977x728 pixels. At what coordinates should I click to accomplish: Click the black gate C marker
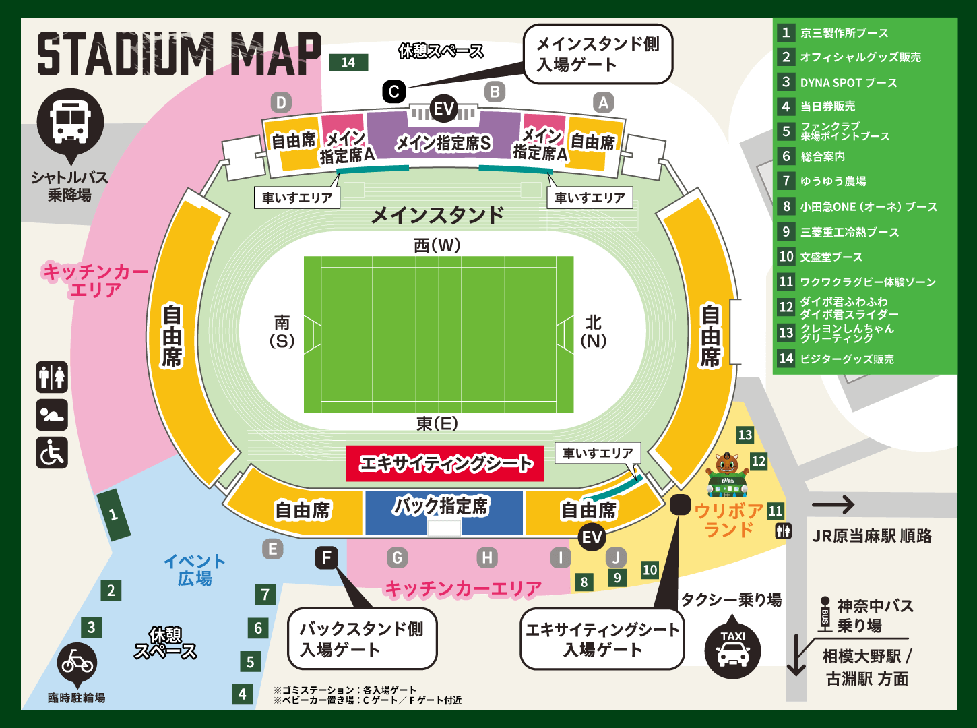pyautogui.click(x=393, y=91)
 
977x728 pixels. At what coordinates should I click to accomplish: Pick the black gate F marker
pyautogui.click(x=327, y=557)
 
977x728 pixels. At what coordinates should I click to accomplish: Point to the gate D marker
pyautogui.click(x=281, y=102)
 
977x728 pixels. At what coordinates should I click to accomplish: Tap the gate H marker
pyautogui.click(x=486, y=557)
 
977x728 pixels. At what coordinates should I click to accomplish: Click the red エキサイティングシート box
pyautogui.click(x=445, y=463)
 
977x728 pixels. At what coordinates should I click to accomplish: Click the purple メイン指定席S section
pyautogui.click(x=443, y=142)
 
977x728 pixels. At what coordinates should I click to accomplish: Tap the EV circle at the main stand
pyautogui.click(x=443, y=109)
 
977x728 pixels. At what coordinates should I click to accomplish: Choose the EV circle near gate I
pyautogui.click(x=592, y=537)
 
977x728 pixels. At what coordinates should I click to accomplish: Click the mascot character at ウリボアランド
pyautogui.click(x=727, y=472)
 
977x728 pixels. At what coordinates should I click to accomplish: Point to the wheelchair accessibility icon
pyautogui.click(x=52, y=452)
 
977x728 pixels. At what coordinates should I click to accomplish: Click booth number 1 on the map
pyautogui.click(x=113, y=516)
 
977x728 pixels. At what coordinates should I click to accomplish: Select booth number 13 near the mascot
pyautogui.click(x=745, y=435)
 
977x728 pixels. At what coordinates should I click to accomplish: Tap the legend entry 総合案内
pyautogui.click(x=822, y=156)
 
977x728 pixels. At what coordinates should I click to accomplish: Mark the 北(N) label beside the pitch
pyautogui.click(x=593, y=331)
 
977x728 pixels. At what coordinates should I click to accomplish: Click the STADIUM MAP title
pyautogui.click(x=179, y=54)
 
